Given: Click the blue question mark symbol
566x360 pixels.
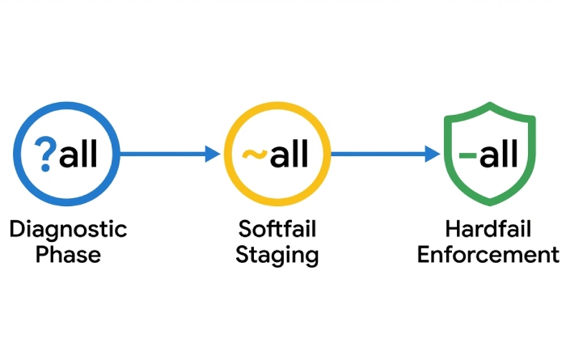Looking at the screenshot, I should [x=46, y=153].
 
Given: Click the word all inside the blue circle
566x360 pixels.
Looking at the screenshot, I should [x=78, y=153].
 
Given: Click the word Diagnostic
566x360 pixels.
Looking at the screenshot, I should [x=68, y=229].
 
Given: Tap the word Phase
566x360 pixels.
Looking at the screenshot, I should [x=68, y=256].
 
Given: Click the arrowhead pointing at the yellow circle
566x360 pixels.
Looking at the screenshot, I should [x=213, y=153].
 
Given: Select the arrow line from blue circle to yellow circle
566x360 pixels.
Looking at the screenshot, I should [x=162, y=153].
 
